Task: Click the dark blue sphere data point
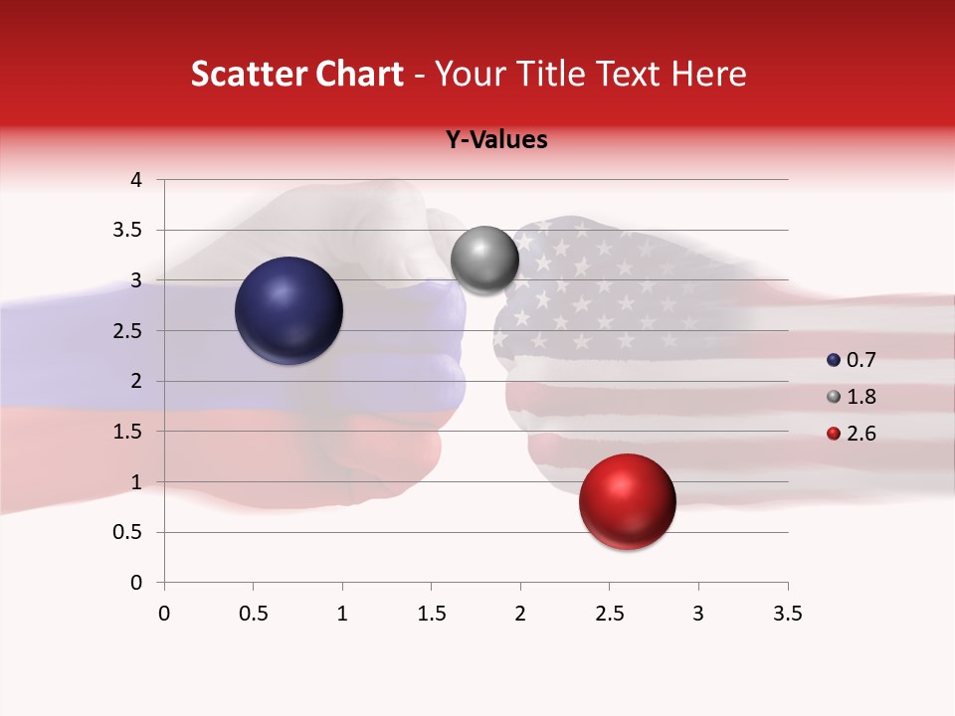click(289, 310)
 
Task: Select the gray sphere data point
click(484, 260)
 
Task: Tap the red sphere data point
click(627, 501)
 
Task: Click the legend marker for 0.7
click(834, 360)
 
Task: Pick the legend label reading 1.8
click(860, 397)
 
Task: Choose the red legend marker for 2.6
click(834, 434)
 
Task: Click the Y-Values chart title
click(495, 140)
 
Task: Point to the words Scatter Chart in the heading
click(296, 74)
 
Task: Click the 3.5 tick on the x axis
click(787, 614)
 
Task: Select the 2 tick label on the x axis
click(520, 614)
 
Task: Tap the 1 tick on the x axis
click(342, 614)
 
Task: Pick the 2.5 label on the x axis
click(609, 614)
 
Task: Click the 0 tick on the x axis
click(164, 614)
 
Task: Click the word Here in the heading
click(707, 74)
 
